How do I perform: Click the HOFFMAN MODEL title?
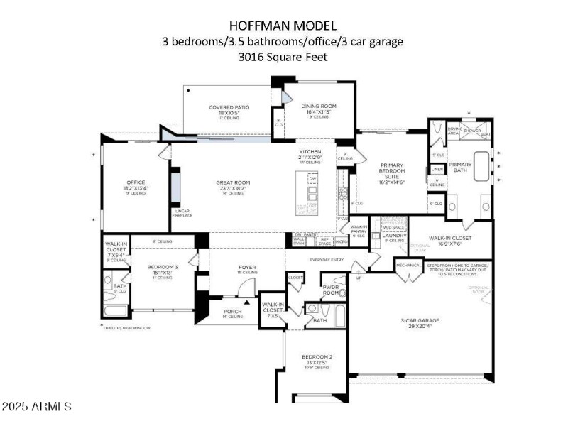pyautogui.click(x=283, y=25)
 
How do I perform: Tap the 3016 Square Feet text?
pyautogui.click(x=283, y=58)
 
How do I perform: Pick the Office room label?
pyautogui.click(x=135, y=182)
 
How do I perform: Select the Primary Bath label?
pyautogui.click(x=460, y=167)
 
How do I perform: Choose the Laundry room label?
pyautogui.click(x=393, y=235)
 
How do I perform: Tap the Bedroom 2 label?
pyautogui.click(x=317, y=356)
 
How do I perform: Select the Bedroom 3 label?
pyautogui.click(x=160, y=268)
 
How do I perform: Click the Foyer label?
pyautogui.click(x=246, y=268)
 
